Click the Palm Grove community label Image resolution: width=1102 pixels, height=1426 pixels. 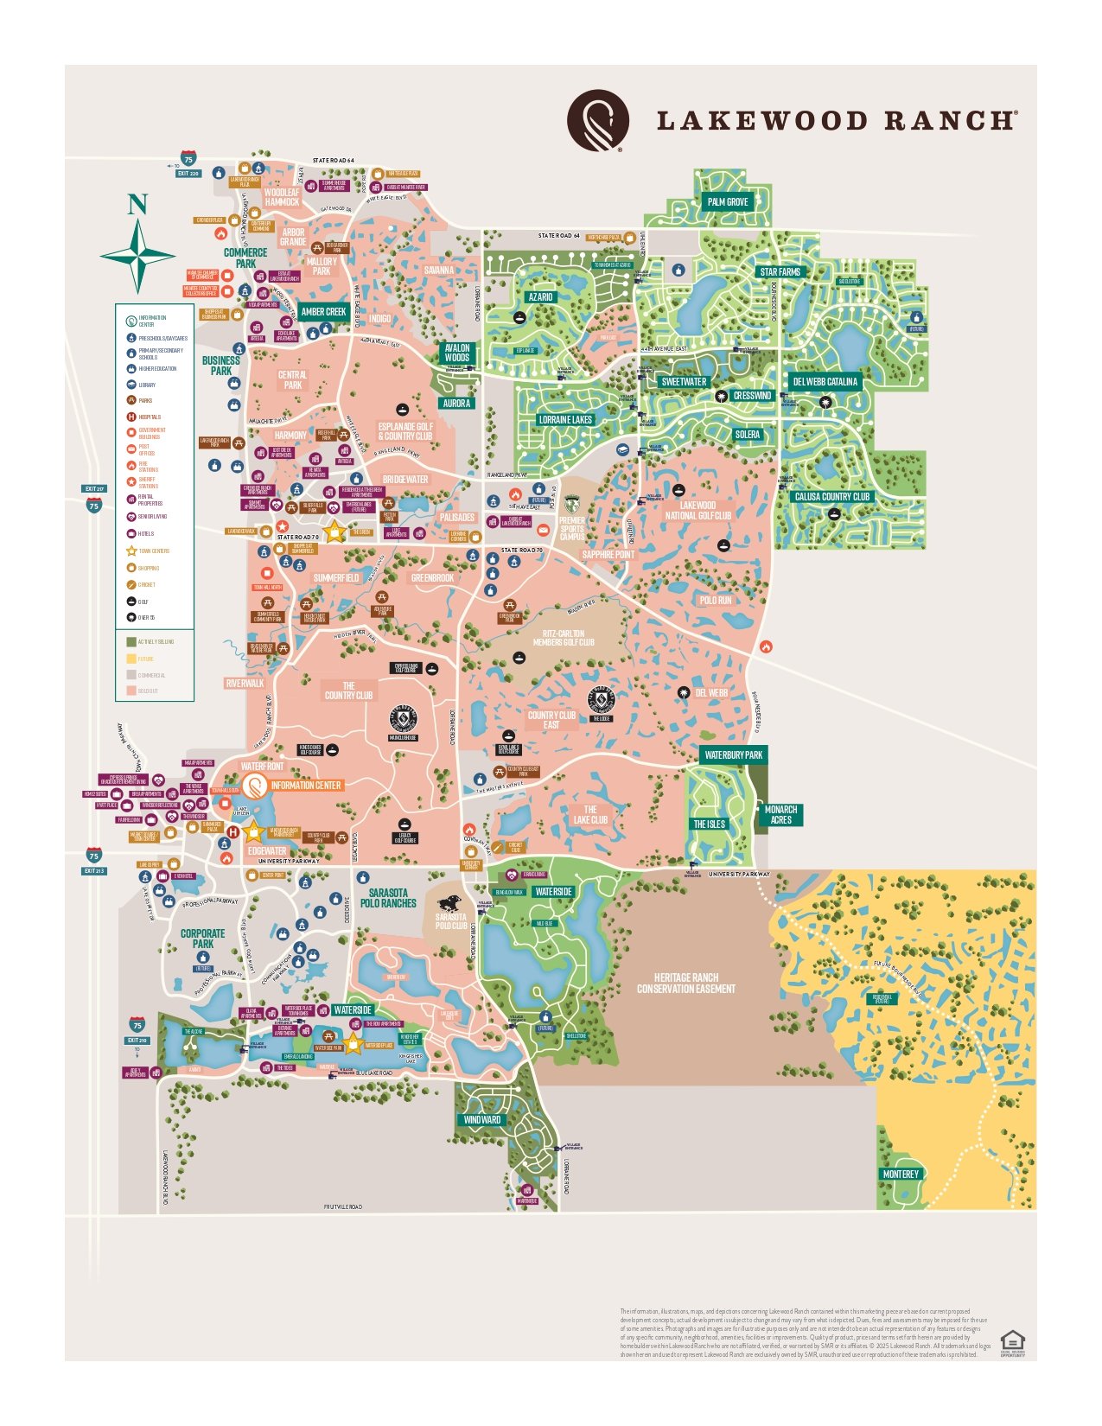click(x=728, y=202)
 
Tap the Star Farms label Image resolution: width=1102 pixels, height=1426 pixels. click(x=780, y=272)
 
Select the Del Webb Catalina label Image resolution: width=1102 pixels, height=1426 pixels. click(x=825, y=382)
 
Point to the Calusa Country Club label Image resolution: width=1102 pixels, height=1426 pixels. click(x=832, y=497)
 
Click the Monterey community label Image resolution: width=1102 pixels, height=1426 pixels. click(x=901, y=1175)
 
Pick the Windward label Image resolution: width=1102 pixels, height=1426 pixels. click(x=481, y=1120)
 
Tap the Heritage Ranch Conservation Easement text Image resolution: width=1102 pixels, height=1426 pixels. click(x=686, y=984)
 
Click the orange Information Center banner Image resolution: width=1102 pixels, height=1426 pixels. click(x=305, y=786)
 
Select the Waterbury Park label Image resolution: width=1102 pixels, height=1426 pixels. click(x=733, y=755)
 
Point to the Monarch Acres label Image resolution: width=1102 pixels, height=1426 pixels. click(x=780, y=815)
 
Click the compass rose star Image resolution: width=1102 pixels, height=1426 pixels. click(x=138, y=255)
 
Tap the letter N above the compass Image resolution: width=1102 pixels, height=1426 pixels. click(x=137, y=205)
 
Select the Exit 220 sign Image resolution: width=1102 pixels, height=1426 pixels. click(x=188, y=174)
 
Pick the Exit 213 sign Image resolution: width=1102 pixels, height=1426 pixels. click(x=94, y=871)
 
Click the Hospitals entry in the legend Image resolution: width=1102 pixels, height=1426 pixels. click(x=150, y=417)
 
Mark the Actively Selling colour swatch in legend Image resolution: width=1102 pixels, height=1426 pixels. click(x=131, y=642)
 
